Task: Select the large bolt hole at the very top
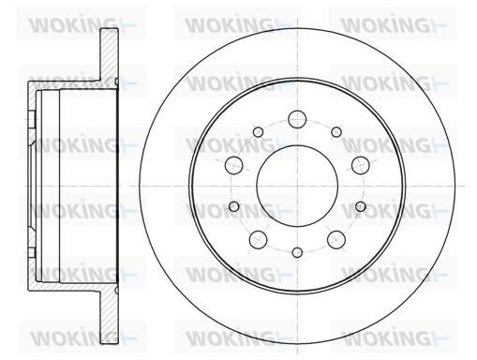(x=297, y=119)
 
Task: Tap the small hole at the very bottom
(x=297, y=252)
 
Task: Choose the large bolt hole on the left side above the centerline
(x=234, y=165)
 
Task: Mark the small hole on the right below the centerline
(x=360, y=205)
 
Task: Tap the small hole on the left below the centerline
(x=234, y=205)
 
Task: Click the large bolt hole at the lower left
(x=258, y=239)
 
